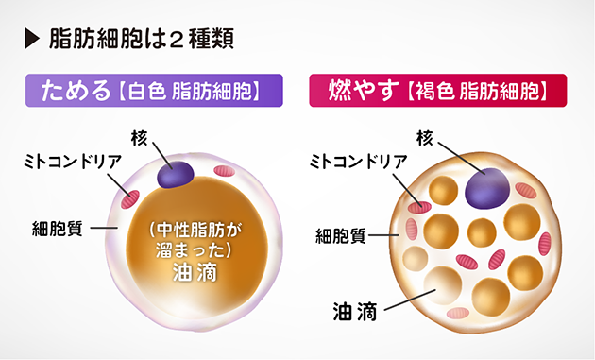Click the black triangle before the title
32,41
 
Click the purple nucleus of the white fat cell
176,174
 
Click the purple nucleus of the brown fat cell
487,185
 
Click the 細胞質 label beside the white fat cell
56,228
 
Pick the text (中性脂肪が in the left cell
195,231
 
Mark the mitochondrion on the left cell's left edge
128,198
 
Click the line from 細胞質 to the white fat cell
103,228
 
